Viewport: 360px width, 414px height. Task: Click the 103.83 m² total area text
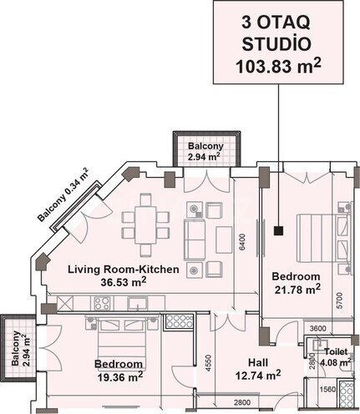[278, 66]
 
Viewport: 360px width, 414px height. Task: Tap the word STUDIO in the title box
[276, 44]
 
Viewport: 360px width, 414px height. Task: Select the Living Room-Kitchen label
[124, 270]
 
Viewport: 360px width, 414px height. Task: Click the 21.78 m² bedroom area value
[297, 290]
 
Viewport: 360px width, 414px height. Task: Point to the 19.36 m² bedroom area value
[120, 376]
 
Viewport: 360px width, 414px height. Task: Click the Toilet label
[336, 351]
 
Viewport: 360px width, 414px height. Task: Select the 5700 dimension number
[339, 300]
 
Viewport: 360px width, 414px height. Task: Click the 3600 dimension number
[317, 328]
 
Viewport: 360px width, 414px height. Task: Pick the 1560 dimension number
[327, 389]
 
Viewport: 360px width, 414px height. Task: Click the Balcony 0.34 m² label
[63, 194]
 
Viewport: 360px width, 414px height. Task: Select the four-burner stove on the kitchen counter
[103, 303]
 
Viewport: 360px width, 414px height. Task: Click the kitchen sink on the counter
[137, 303]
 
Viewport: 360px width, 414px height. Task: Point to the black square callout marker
[278, 230]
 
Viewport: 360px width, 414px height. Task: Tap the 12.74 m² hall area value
[258, 376]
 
